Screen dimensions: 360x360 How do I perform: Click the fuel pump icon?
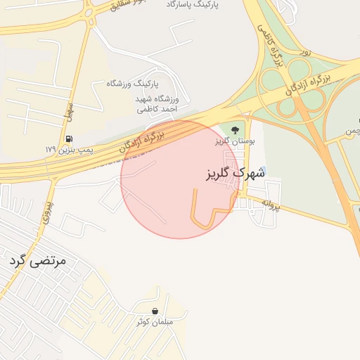(69, 138)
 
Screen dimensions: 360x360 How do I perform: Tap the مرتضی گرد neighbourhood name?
(38, 261)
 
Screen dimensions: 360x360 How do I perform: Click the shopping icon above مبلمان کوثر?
(154, 311)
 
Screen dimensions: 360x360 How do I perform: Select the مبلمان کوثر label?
(160, 322)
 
